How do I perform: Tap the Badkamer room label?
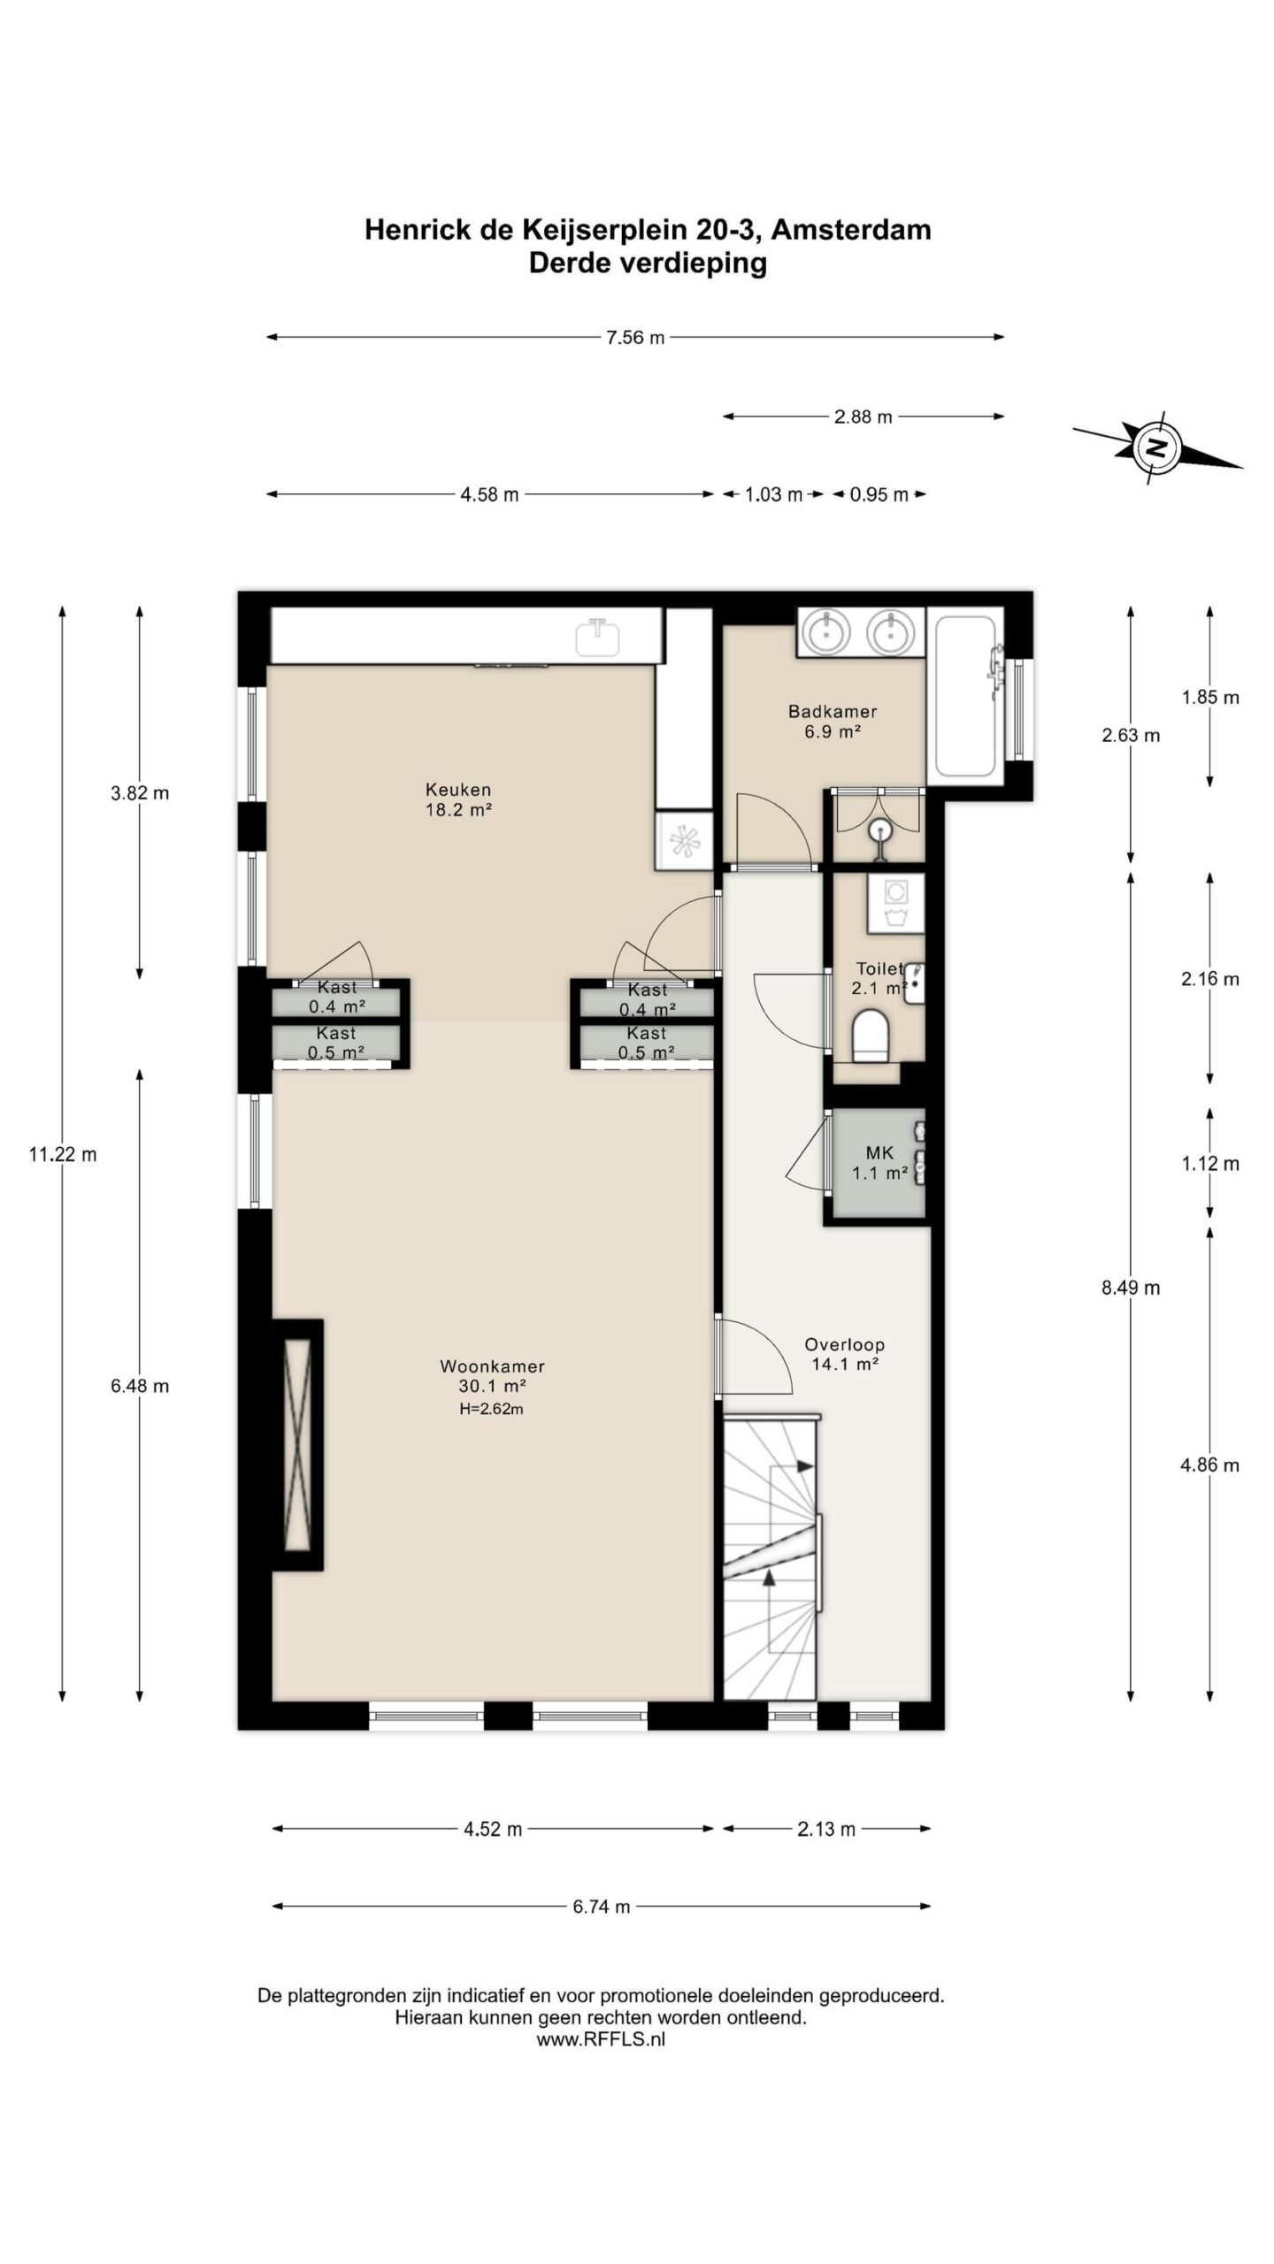833,721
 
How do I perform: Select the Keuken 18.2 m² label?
458,799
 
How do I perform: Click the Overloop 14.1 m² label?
844,1354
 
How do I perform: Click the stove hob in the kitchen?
684,840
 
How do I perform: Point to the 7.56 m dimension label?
635,337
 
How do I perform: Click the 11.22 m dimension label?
63,1154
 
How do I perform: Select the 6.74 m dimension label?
602,1907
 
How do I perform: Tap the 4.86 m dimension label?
1209,1465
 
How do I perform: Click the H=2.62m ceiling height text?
491,1410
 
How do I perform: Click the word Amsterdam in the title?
851,230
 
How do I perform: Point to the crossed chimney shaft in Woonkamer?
298,1445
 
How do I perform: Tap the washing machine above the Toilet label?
895,903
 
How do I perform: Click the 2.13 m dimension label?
826,1829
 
